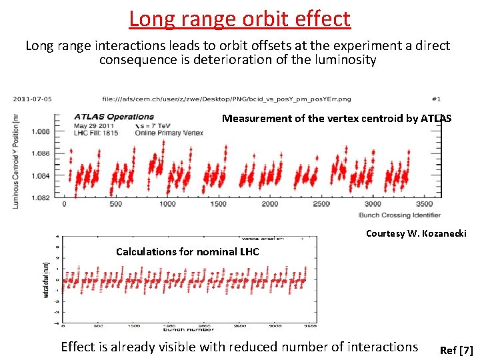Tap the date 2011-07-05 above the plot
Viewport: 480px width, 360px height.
pos(33,99)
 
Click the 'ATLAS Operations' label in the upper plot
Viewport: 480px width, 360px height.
pos(113,117)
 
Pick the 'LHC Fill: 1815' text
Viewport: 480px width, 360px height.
pos(97,133)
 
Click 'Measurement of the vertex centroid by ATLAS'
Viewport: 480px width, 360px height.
pos(336,119)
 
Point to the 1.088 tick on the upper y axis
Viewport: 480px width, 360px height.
pos(41,132)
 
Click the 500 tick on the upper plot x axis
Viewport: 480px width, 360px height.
pos(115,204)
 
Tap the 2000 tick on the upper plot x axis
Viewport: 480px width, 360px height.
pos(270,204)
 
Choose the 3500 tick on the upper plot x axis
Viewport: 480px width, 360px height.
pos(425,204)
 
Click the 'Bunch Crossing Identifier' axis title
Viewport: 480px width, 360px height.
pos(399,215)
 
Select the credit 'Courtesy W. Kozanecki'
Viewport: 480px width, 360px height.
pos(416,233)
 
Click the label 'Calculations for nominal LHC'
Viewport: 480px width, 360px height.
pos(187,251)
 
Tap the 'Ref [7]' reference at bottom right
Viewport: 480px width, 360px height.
pos(457,351)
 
